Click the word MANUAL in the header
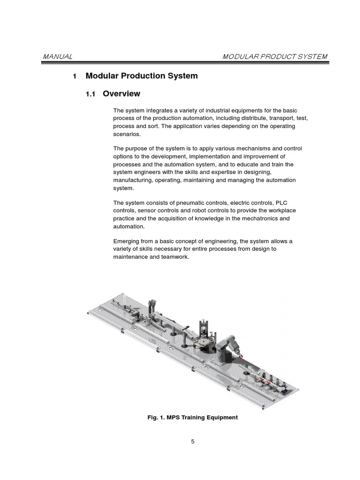pos(58,57)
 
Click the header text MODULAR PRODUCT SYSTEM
pos(275,57)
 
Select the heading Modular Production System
pos(142,76)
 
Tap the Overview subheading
pos(121,94)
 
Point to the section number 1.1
pos(90,94)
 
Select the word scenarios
pos(127,134)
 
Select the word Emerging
pos(127,241)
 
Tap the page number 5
pos(193,441)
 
